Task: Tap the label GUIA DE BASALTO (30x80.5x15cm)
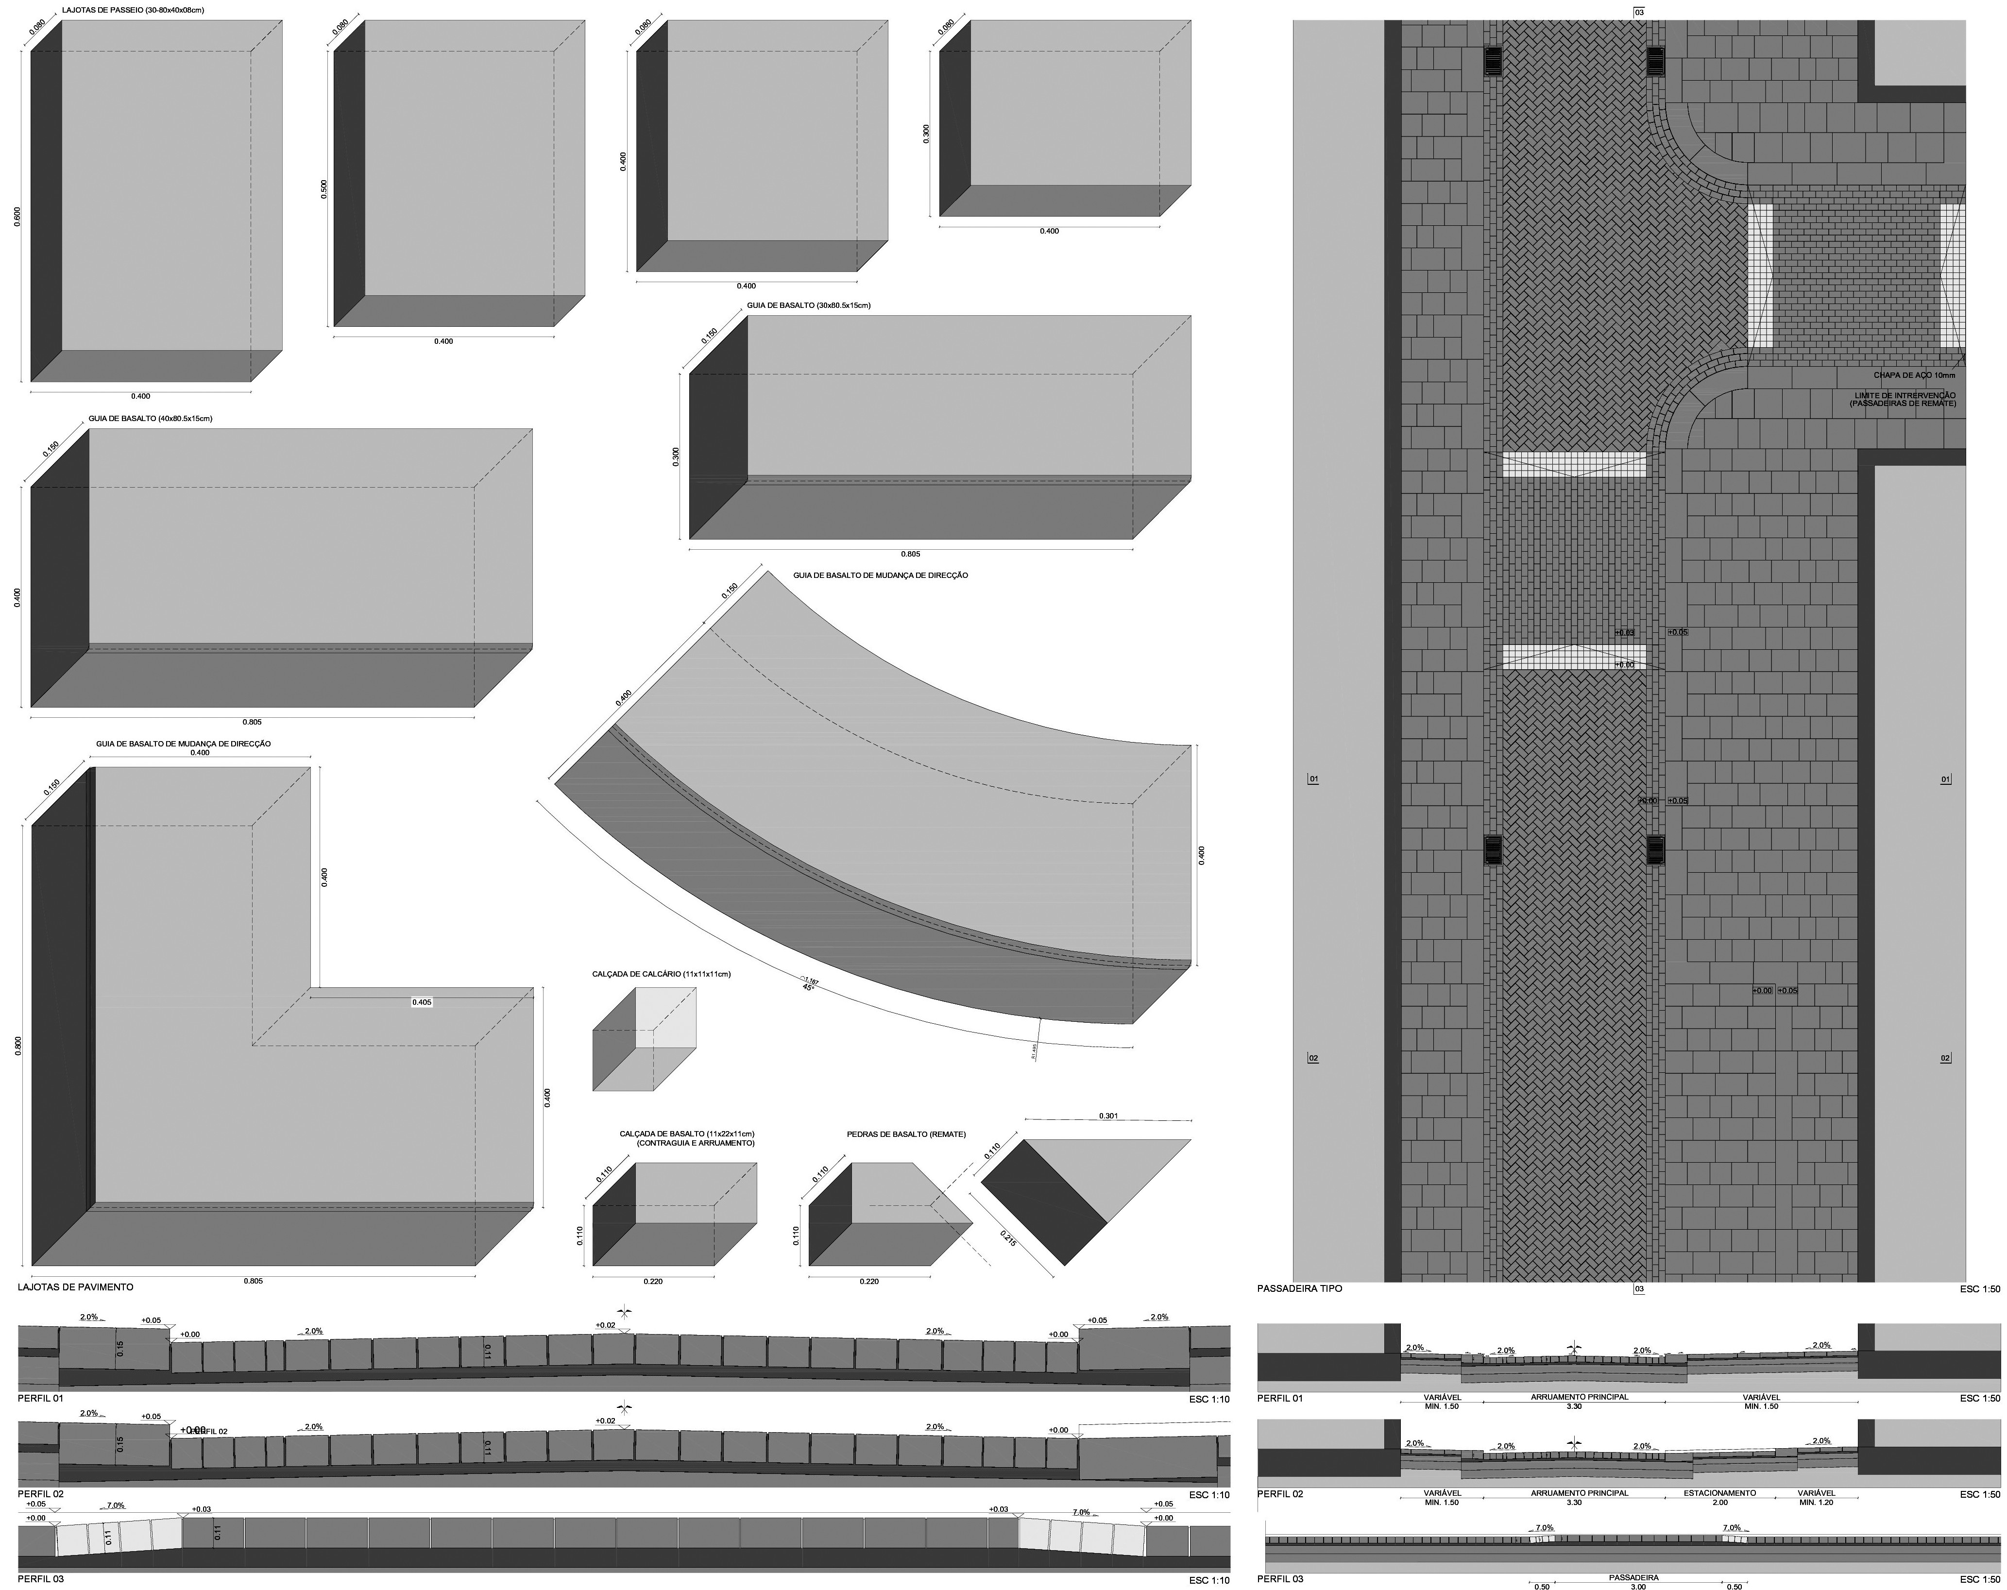[x=808, y=305]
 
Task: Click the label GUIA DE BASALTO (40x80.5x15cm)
[x=151, y=419]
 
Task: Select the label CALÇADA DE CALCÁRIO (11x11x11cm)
[x=661, y=974]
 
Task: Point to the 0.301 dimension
[x=1108, y=1115]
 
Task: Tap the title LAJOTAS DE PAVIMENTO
[x=75, y=1287]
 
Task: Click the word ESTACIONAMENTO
[x=1719, y=1493]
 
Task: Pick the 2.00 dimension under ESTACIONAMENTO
[x=1719, y=1503]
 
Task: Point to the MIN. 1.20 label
[x=1816, y=1503]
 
